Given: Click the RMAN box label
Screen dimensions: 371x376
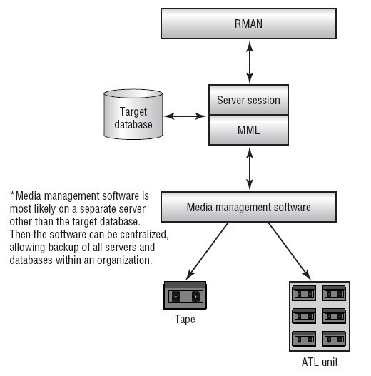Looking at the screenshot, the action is [248, 24].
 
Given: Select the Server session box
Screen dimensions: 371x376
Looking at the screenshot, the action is [248, 100].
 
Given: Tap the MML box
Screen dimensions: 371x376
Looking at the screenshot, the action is [248, 130].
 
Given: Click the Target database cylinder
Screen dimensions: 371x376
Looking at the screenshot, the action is [133, 114].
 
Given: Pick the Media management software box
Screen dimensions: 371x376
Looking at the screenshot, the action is [248, 207].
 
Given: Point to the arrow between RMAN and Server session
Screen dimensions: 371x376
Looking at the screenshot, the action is [250, 62].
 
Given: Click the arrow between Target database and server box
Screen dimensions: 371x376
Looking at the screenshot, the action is [185, 116].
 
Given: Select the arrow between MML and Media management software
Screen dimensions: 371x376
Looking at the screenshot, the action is [250, 168].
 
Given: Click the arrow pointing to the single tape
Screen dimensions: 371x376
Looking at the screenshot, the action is [207, 251].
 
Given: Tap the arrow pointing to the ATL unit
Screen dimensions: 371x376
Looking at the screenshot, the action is [290, 251].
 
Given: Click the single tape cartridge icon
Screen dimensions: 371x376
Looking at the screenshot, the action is [185, 295].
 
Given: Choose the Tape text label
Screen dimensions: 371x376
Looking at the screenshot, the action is [185, 320].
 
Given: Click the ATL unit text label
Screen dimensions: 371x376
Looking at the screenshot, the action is [320, 362].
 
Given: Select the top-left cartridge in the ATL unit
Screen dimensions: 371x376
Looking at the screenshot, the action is [304, 293].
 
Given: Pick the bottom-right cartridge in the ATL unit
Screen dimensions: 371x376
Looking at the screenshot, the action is [334, 339].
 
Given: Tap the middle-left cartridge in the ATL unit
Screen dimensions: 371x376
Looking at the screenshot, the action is [304, 316].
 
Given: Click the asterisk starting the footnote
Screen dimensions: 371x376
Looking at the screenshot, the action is [12, 193].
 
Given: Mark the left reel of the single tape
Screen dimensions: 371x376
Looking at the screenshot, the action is [176, 297].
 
